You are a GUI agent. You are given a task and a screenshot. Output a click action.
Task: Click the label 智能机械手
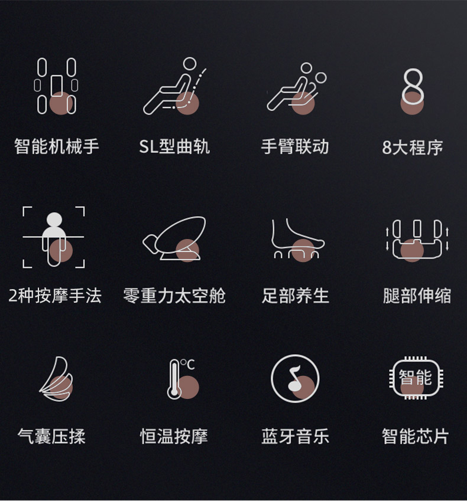[57, 147]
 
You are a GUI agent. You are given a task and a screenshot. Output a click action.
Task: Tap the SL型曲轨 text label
[174, 147]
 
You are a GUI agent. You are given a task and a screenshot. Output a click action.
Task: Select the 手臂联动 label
[295, 147]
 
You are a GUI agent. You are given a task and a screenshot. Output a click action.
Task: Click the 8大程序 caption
[412, 148]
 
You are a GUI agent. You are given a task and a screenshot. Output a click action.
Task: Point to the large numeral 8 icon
[413, 86]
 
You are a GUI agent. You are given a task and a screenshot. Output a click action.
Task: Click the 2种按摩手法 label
[55, 296]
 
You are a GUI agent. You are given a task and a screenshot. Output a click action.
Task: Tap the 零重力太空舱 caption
[174, 296]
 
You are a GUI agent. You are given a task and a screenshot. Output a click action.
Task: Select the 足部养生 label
[295, 296]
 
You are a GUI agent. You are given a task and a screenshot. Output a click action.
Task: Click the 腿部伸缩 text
[417, 296]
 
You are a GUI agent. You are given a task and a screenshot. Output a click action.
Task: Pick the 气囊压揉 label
[51, 436]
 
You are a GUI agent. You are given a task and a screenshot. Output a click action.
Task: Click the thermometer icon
[174, 379]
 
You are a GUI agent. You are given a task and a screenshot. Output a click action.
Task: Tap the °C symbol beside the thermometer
[188, 365]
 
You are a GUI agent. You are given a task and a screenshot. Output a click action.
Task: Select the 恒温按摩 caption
[174, 436]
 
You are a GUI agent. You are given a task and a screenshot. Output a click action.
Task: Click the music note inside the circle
[294, 379]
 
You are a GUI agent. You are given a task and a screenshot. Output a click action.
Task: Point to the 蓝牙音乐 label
[295, 436]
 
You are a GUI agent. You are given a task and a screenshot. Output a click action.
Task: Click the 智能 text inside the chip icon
[415, 377]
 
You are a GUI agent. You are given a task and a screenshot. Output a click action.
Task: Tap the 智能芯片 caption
[415, 436]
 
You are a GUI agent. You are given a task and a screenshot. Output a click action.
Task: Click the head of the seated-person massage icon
[54, 220]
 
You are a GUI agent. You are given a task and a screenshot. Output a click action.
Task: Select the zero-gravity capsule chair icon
[174, 238]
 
